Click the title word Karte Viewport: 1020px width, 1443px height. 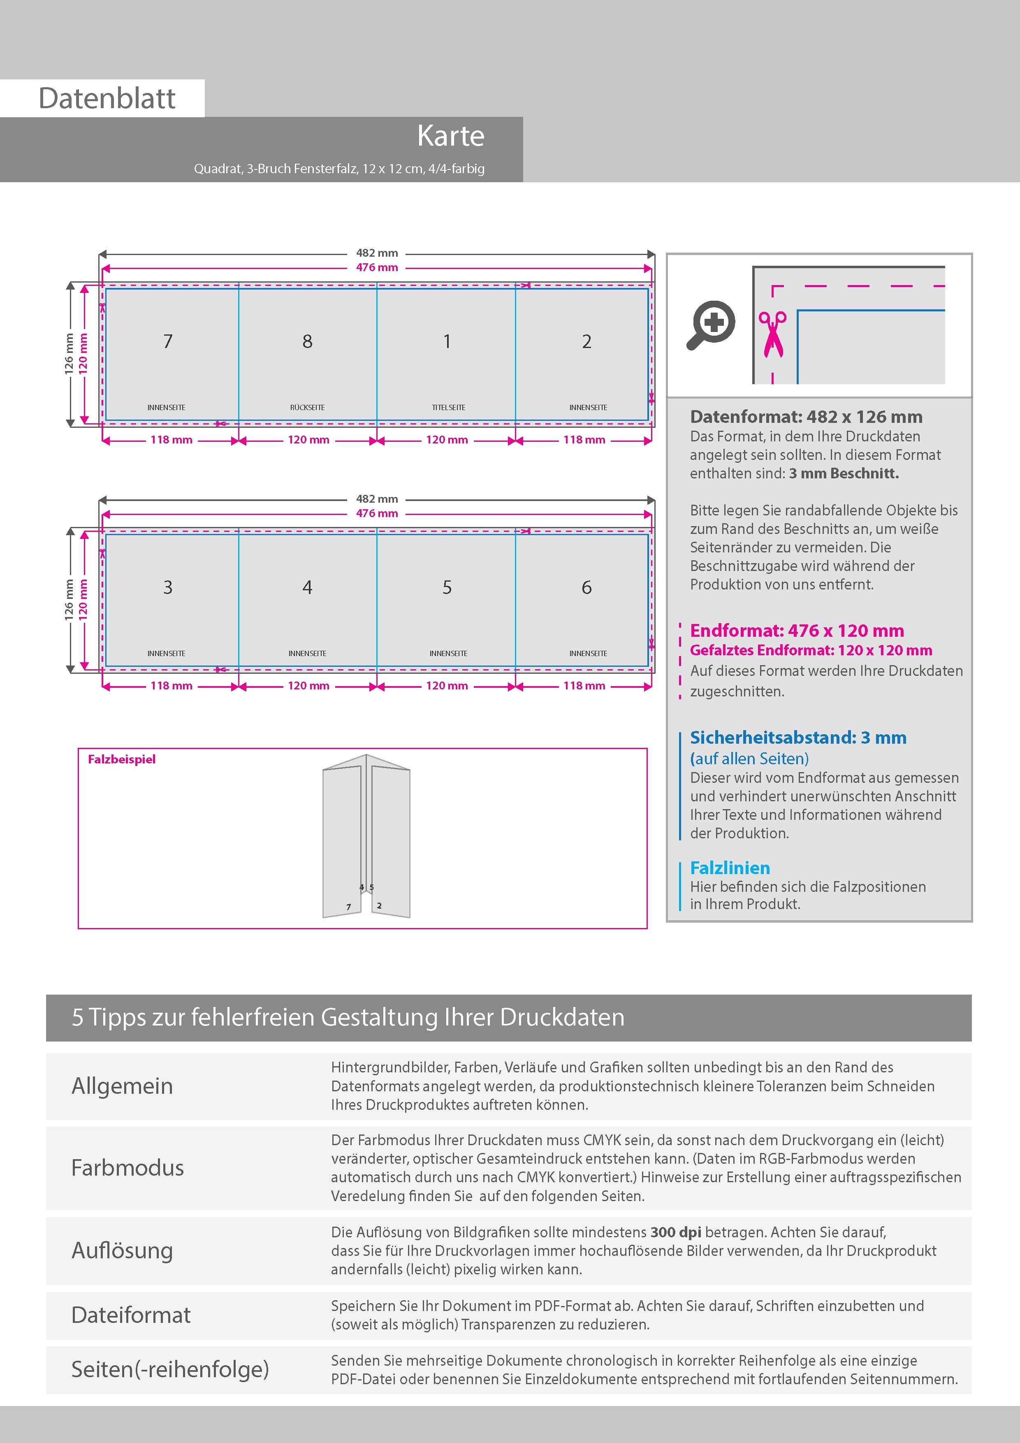click(451, 136)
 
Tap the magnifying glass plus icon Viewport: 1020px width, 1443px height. click(711, 324)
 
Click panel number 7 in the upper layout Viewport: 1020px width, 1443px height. click(168, 341)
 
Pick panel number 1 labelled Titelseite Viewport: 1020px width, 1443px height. click(447, 341)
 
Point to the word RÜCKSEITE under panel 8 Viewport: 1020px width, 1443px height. click(307, 407)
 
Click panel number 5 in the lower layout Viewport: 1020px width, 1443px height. click(447, 587)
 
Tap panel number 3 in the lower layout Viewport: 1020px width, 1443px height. click(168, 587)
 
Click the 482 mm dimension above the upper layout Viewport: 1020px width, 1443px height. click(377, 253)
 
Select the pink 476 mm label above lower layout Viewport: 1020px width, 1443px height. click(377, 513)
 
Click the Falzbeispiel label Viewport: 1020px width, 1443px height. click(121, 759)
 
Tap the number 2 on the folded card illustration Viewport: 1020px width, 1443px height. click(379, 906)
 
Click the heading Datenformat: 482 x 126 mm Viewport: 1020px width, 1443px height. click(806, 417)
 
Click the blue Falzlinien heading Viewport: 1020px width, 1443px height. click(730, 868)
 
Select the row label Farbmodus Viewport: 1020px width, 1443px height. click(128, 1168)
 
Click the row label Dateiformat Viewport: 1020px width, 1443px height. click(131, 1315)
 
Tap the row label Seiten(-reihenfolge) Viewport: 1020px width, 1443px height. click(170, 1369)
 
